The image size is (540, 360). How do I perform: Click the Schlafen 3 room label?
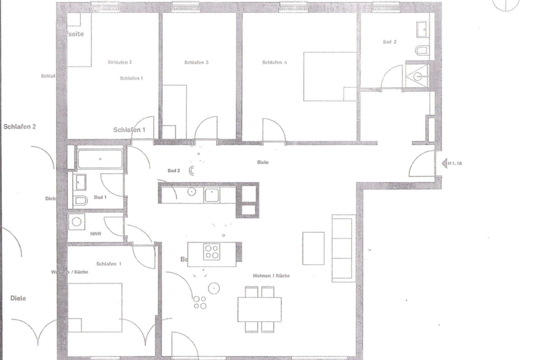196,62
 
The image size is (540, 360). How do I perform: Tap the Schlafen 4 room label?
274,62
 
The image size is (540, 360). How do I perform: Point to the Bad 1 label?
100,197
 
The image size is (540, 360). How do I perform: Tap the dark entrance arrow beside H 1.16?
444,163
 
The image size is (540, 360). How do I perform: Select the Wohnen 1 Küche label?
271,276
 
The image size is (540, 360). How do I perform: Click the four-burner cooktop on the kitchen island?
211,251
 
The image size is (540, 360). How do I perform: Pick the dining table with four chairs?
259,309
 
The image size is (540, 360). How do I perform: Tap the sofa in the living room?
342,248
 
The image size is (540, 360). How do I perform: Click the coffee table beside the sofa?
313,248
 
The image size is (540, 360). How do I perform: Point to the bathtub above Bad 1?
100,159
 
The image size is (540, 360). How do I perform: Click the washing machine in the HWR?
76,222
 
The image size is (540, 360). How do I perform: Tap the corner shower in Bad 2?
417,75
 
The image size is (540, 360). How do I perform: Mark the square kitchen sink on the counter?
211,195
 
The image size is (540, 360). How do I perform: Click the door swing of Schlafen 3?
206,128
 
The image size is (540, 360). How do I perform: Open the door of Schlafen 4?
274,130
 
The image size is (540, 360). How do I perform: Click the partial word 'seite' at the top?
76,34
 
